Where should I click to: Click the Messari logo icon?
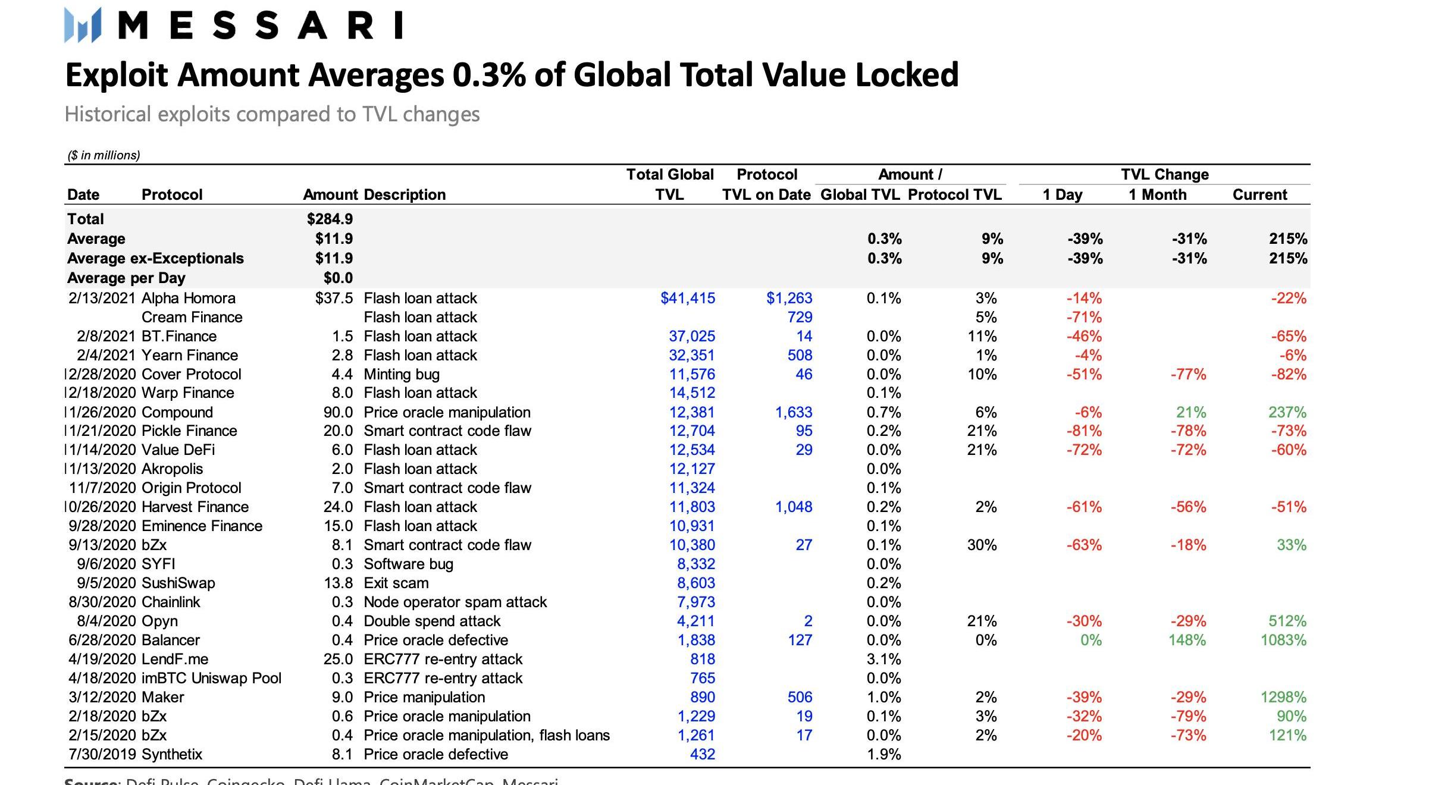(83, 25)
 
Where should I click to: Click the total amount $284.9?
(330, 219)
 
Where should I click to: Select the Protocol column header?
(172, 194)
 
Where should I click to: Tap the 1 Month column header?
(1157, 194)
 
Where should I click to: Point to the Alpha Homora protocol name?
(188, 298)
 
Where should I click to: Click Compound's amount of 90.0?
(338, 412)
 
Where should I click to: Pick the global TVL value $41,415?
(688, 298)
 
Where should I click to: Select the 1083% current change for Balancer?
(1283, 640)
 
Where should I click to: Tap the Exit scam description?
(396, 583)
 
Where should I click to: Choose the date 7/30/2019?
(102, 754)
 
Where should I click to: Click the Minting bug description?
(402, 374)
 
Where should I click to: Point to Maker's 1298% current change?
(1283, 697)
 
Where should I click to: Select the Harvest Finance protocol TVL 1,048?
(794, 507)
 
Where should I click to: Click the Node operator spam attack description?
(455, 602)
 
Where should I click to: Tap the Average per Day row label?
(126, 278)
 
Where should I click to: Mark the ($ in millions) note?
(104, 155)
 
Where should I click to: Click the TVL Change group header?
(1164, 174)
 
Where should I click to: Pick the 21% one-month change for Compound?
(1190, 412)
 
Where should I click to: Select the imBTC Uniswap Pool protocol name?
(211, 678)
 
